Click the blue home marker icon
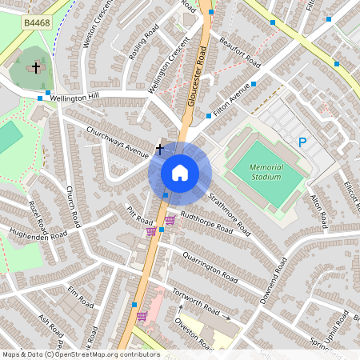click(x=180, y=172)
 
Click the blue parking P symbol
click(x=302, y=142)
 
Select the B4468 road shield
click(x=37, y=24)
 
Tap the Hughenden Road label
click(x=38, y=234)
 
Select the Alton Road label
click(x=319, y=210)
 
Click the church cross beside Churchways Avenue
click(x=159, y=148)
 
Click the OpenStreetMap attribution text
click(x=80, y=354)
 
